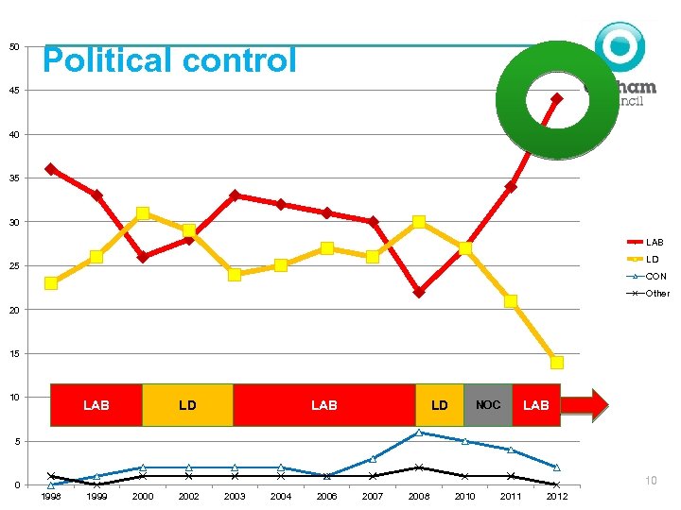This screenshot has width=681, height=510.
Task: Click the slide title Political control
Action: [x=169, y=61]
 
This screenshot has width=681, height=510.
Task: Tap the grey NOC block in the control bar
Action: [x=488, y=405]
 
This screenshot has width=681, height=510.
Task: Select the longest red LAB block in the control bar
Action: [x=324, y=405]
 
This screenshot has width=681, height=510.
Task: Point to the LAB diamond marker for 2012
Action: [x=557, y=98]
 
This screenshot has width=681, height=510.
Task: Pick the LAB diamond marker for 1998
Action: [x=51, y=169]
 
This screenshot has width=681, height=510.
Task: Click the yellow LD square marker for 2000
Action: [x=143, y=213]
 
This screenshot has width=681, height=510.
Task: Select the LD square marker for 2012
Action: [x=557, y=363]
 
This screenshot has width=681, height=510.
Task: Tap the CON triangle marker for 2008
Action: [x=418, y=433]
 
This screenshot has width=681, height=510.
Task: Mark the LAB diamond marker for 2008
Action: [x=418, y=292]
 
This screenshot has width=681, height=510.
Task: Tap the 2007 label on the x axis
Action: [x=373, y=497]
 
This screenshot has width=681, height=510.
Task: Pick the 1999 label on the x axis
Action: [x=96, y=497]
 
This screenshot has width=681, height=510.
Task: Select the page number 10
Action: [x=651, y=482]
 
